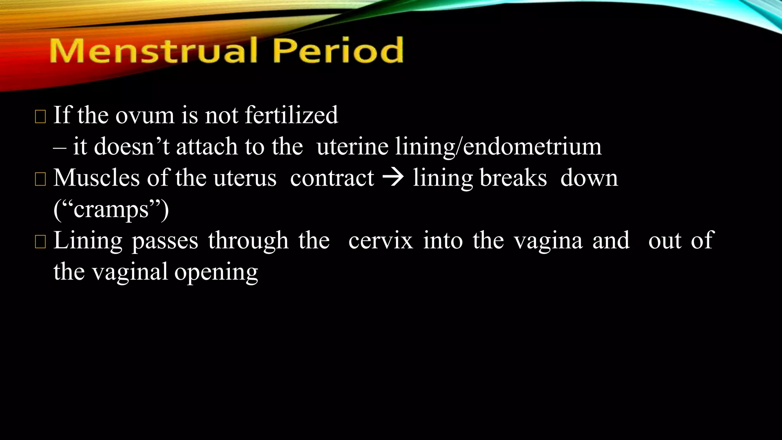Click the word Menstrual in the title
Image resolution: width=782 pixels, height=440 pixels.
(153, 50)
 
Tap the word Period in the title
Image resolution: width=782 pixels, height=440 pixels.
(338, 50)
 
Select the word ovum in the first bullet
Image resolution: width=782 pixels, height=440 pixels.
(145, 115)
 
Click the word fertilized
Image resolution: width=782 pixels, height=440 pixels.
(291, 115)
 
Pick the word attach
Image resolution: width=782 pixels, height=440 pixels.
(207, 146)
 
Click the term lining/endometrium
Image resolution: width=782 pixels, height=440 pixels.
(498, 147)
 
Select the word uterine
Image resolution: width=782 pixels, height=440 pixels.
(352, 146)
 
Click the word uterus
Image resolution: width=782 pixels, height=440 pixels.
(245, 178)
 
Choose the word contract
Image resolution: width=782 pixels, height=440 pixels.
(332, 178)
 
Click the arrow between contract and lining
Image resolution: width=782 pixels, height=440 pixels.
(393, 178)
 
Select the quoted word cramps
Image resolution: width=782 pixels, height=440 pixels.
(111, 210)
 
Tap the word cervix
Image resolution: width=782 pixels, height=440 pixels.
(381, 241)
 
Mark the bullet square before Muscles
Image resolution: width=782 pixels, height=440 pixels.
(40, 179)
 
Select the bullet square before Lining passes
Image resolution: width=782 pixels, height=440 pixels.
(40, 242)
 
